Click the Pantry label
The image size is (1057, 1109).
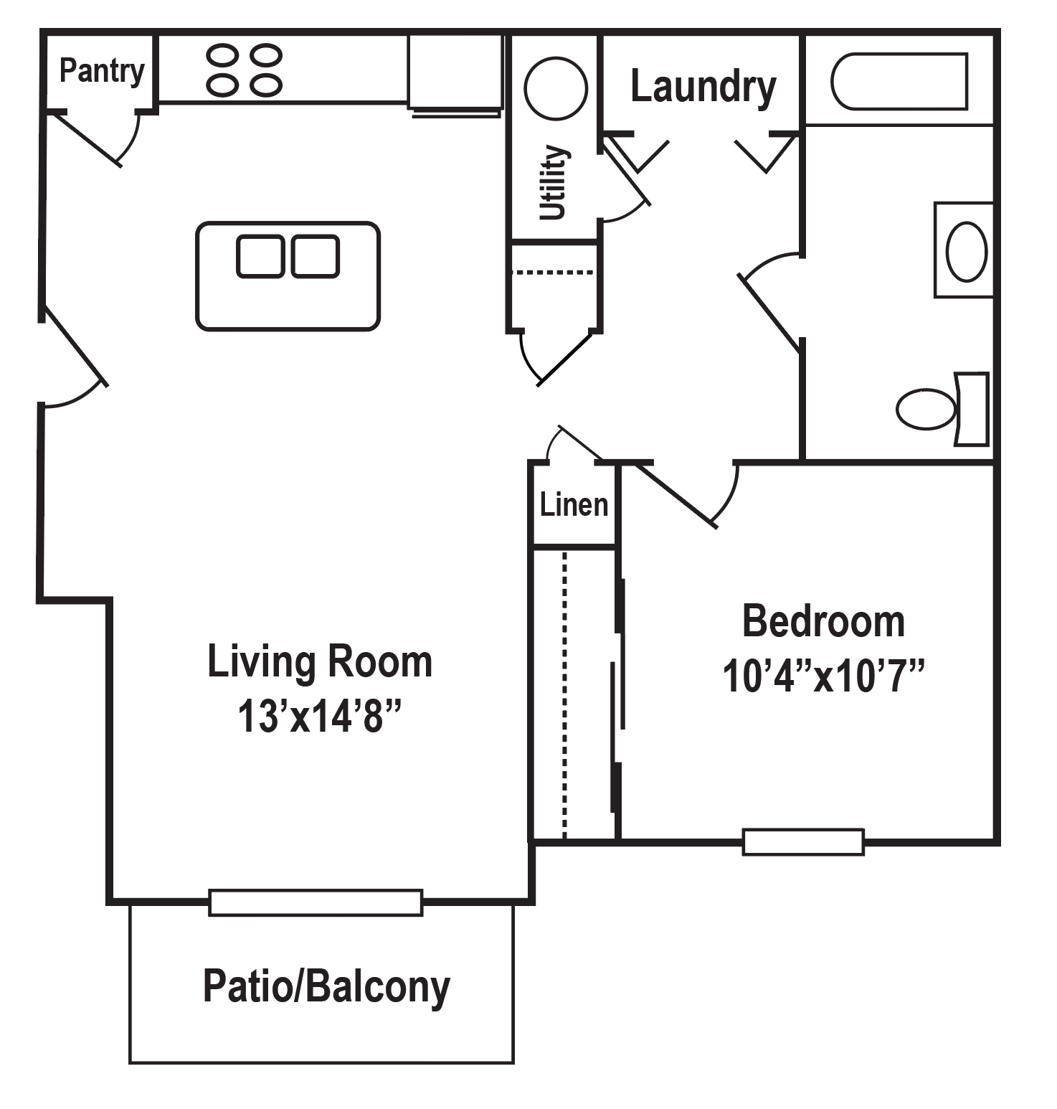[x=101, y=71]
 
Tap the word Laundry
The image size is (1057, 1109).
[x=703, y=87]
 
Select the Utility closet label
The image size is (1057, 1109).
[x=554, y=182]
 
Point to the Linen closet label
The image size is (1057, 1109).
[x=574, y=505]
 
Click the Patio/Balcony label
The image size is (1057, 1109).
[x=326, y=987]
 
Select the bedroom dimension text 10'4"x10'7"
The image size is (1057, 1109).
[x=823, y=676]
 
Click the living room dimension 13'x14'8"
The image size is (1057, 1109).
[x=319, y=716]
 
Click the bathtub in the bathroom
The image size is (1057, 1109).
[x=899, y=81]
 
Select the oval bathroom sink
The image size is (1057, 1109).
[x=966, y=251]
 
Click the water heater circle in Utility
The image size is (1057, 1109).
[x=556, y=88]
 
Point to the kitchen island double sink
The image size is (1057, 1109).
[x=288, y=257]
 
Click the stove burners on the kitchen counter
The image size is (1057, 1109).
[x=244, y=70]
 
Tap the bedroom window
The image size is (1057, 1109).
[x=802, y=841]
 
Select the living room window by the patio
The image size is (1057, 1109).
[x=316, y=902]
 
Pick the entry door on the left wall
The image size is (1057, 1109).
[x=75, y=346]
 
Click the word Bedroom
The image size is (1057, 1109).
[x=823, y=621]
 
